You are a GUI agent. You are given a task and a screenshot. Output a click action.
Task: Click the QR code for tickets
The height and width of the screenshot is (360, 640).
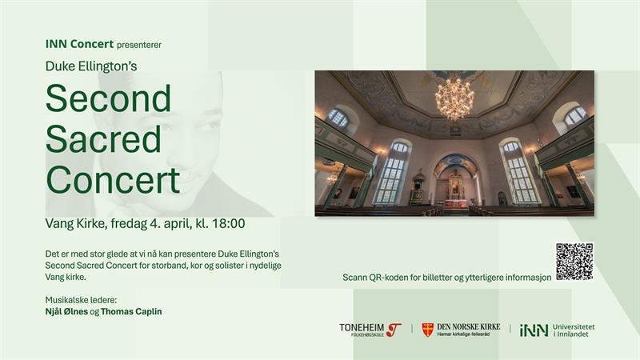coord(574,262)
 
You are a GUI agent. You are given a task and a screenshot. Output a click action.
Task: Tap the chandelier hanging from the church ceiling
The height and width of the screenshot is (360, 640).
coord(454,97)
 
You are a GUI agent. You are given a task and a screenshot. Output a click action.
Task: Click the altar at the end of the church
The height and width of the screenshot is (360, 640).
coord(453,193)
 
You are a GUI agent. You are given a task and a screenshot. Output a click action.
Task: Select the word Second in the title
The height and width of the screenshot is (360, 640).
coord(108,98)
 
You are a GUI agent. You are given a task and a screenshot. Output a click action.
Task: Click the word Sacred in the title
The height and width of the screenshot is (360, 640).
coord(104,138)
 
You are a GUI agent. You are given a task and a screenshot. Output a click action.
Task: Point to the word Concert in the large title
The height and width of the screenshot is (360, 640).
coord(113,179)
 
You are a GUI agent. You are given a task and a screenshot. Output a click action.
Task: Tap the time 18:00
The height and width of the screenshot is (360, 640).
coord(229,224)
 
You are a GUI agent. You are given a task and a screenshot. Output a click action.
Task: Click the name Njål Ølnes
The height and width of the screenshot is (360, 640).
coord(66,311)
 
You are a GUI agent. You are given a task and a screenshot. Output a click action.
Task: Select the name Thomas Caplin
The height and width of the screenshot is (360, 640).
coord(131,311)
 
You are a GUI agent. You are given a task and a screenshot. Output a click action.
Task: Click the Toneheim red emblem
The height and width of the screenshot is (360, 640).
coord(394,330)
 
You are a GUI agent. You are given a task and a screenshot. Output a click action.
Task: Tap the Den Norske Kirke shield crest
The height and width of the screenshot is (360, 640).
coord(428,330)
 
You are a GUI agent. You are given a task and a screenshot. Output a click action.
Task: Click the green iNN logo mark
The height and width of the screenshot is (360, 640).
coord(534,330)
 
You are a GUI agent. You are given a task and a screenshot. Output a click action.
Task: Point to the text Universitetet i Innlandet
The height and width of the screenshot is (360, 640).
coord(574,330)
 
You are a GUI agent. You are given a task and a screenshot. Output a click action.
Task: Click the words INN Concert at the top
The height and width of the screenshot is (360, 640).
coord(79,44)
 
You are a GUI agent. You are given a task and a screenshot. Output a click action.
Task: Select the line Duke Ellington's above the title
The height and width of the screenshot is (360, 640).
coord(91,66)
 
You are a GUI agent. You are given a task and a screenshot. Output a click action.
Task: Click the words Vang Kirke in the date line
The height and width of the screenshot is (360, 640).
coord(75,224)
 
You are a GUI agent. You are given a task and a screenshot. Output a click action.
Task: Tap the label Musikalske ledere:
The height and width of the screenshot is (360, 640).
coord(81,300)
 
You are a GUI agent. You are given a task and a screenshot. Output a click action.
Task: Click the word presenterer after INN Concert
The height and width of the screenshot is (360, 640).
coord(139,45)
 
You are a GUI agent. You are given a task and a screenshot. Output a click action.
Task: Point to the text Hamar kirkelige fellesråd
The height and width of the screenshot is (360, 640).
coord(463,334)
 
